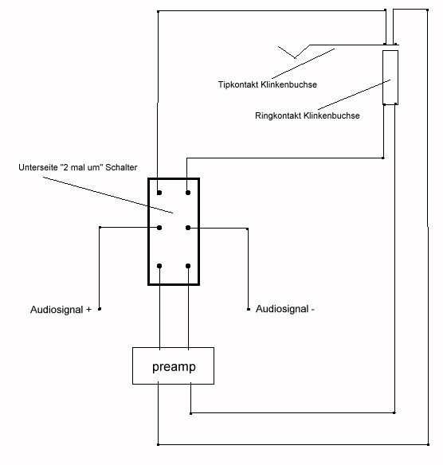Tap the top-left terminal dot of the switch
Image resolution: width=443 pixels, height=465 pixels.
159,193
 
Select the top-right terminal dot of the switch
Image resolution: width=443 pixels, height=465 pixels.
188,193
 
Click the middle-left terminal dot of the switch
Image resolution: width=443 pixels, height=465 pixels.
159,228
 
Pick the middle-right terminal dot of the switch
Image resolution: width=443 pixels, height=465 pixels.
188,228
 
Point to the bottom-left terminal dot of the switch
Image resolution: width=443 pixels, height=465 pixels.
159,266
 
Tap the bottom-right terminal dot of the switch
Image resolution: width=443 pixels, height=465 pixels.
188,266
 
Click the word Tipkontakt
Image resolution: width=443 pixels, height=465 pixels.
238,84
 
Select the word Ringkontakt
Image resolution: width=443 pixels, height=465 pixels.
278,115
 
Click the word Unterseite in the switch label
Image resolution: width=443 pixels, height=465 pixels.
38,167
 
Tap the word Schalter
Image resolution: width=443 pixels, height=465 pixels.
121,167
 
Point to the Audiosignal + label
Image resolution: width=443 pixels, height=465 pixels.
61,310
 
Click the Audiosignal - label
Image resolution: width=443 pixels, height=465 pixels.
285,309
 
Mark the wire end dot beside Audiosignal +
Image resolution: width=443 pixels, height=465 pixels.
100,309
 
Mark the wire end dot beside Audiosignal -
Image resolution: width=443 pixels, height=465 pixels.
249,309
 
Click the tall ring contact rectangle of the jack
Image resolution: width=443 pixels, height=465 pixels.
390,77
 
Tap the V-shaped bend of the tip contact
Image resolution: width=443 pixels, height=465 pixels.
295,57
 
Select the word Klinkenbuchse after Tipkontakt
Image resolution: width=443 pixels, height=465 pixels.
288,84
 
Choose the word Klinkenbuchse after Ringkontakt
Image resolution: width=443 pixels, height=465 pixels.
331,115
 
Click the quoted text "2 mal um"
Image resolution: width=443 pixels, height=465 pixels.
81,167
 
